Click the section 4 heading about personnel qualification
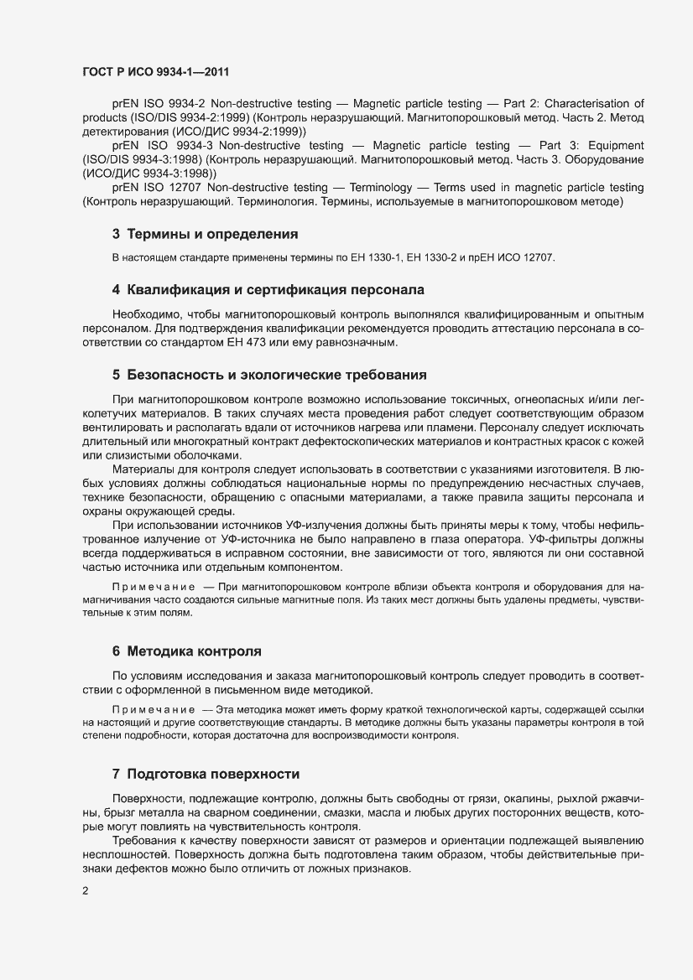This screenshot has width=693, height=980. [268, 290]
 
